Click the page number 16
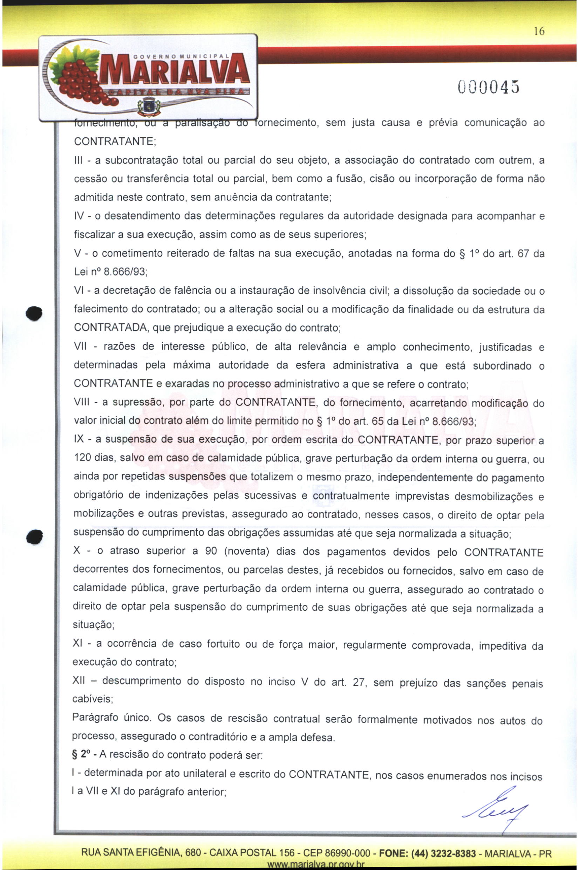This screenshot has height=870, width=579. coord(539,32)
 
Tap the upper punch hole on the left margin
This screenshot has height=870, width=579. coord(34,313)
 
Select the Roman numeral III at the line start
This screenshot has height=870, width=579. coord(80,160)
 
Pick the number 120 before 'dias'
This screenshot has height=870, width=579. coord(82,458)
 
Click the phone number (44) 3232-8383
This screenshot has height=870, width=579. coord(443,854)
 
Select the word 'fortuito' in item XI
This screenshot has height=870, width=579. coord(223,644)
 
